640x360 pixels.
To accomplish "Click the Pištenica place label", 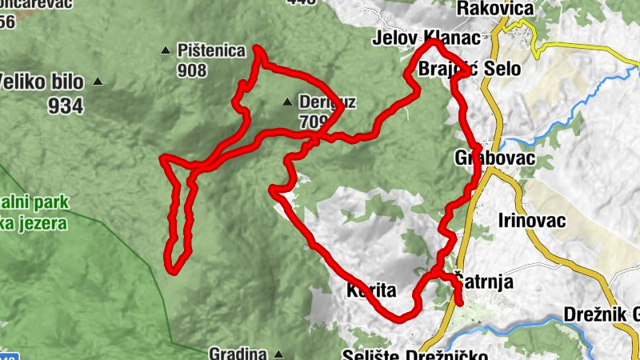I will click(211, 51).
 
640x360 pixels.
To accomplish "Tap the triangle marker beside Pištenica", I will click(166, 51).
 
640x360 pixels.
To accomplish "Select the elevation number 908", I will click(192, 70).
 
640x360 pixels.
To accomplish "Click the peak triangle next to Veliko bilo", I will click(98, 81).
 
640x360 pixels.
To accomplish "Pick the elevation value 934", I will click(65, 105).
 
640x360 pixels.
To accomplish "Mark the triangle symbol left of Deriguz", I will click(287, 102).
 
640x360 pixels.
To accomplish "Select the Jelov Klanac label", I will click(426, 38).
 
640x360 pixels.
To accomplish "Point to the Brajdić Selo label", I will click(470, 69).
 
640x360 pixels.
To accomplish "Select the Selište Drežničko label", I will click(403, 354).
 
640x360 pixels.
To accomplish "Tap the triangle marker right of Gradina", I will click(278, 353).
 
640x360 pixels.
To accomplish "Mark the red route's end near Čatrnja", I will click(461, 302).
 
